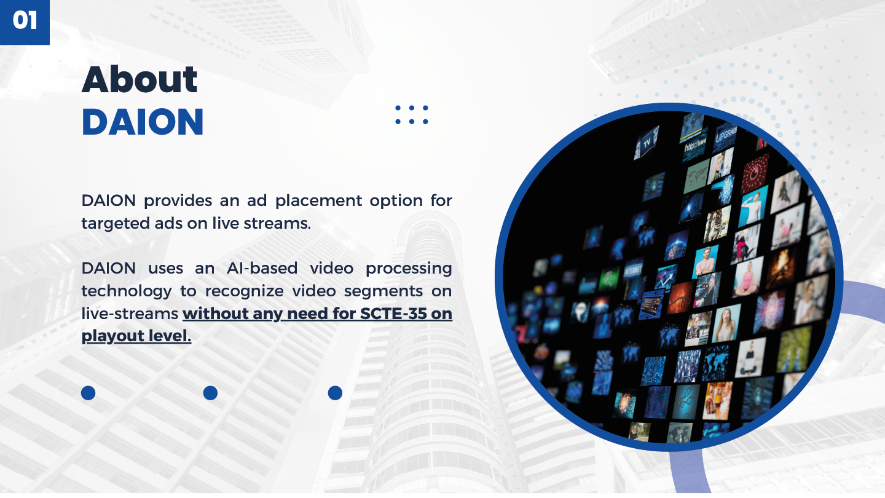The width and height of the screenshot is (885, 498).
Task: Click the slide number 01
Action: coord(25,20)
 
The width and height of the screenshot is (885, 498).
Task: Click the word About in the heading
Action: coord(140,79)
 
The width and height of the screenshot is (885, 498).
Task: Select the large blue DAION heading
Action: coord(143,122)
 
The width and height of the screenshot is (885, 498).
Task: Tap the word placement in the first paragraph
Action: coord(318,202)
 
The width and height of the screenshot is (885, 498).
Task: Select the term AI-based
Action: coord(262,268)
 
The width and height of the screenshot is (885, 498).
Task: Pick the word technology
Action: coord(127,291)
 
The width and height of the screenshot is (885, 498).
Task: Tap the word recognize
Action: coord(244,291)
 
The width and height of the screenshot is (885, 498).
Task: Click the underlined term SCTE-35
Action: coord(393,314)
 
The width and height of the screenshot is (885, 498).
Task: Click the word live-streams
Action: coord(130,314)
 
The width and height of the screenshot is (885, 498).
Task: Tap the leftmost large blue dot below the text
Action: coord(88,393)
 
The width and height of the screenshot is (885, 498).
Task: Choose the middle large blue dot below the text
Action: coord(210,393)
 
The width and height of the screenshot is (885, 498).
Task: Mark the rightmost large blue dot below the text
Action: coord(335,393)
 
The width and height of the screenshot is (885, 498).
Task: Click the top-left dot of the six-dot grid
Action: coord(398,108)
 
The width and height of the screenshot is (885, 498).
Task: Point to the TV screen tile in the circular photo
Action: coord(647,143)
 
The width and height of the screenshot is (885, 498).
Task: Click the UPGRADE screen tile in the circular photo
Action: coord(726,137)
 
